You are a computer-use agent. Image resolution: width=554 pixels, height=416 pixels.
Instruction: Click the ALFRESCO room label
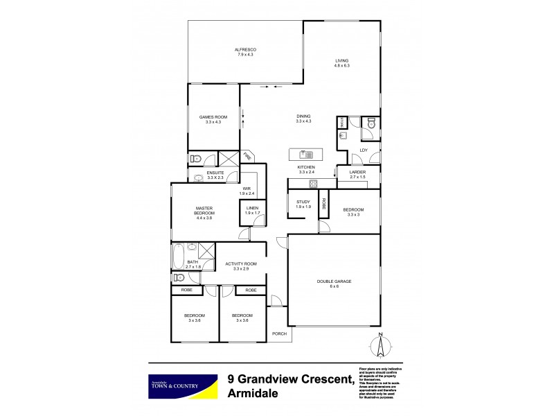[246, 49]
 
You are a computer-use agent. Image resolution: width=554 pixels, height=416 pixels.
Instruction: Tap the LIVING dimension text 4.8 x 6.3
[342, 67]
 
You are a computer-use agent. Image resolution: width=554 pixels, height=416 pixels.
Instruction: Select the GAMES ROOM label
[209, 116]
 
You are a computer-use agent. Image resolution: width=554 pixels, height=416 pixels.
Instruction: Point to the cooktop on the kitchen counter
[313, 184]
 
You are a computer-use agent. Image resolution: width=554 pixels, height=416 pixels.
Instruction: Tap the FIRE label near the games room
[247, 156]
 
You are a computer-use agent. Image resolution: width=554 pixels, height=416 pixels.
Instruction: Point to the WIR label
[247, 188]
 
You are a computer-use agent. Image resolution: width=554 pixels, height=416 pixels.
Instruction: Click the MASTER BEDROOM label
[204, 210]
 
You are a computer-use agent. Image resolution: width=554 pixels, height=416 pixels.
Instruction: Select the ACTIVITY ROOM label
[241, 263]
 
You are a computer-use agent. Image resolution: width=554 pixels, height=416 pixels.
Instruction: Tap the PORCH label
[279, 333]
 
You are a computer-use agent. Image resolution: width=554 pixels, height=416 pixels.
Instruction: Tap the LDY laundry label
[364, 150]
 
